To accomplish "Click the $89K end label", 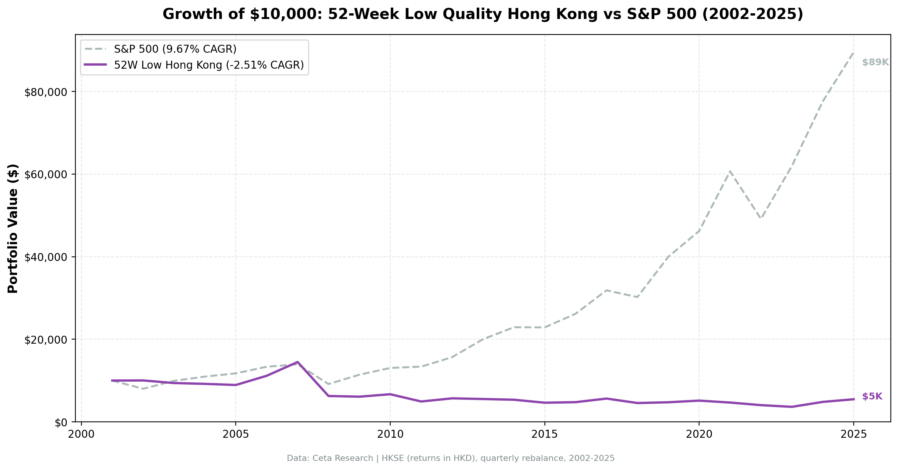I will coord(875,63).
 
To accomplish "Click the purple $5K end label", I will coord(872,397).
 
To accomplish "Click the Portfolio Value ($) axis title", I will coord(13,228).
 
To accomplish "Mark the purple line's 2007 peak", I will coord(298,362).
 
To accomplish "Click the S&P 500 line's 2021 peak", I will coord(730,171).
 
